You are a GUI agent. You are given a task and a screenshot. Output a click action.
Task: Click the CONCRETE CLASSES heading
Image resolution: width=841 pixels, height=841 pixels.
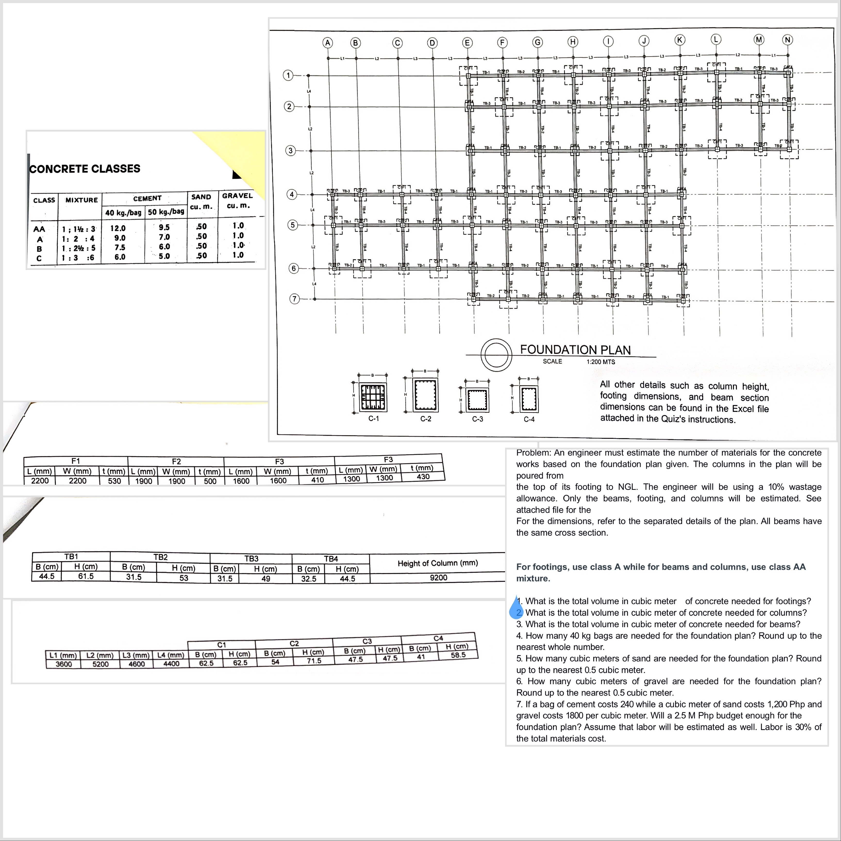point(85,169)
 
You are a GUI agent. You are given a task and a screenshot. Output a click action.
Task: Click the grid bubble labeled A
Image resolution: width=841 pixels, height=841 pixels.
point(327,43)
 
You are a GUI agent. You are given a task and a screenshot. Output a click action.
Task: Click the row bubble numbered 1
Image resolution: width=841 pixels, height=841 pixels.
point(288,75)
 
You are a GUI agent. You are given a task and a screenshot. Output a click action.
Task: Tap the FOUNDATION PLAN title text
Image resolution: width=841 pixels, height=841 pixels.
point(575,350)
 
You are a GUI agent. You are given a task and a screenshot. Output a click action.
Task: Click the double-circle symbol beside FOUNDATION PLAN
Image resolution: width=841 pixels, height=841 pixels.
point(496,355)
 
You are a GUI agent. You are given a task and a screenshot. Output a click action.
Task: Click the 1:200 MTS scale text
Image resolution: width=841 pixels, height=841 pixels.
point(601,362)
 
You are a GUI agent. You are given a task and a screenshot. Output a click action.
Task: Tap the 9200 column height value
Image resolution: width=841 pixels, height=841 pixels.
point(438,578)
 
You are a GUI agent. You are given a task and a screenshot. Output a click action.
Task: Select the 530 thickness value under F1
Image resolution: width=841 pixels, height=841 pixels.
point(115,481)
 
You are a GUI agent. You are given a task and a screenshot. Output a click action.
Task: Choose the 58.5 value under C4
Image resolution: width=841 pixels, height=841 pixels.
point(458,655)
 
